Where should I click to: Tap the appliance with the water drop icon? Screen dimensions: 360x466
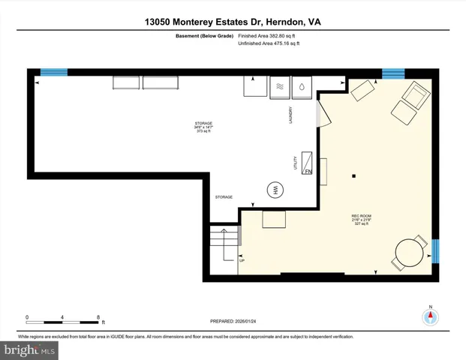(x=301, y=86)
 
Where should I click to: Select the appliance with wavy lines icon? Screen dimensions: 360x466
(x=278, y=86)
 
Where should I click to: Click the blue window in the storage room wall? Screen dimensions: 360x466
(x=53, y=72)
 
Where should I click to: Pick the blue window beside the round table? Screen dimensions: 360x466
(x=436, y=248)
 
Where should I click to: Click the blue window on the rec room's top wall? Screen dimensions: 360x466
(x=393, y=73)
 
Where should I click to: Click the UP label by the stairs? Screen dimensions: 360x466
(x=242, y=260)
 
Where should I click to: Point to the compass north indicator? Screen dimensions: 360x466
(x=430, y=316)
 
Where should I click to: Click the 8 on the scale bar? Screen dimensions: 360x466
(x=98, y=316)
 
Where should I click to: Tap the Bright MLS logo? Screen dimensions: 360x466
(x=30, y=349)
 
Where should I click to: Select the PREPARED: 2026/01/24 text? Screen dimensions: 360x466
(x=233, y=321)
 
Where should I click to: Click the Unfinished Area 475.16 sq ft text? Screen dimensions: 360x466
(x=268, y=44)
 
